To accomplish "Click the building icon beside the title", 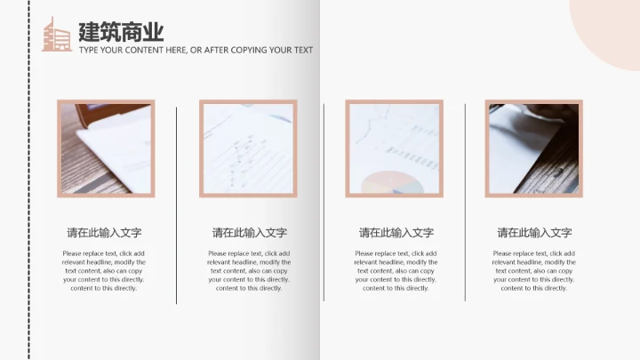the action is (57, 35).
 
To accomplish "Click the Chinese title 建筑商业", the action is (121, 32).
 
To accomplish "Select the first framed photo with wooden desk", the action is (106, 148).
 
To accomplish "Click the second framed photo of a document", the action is (248, 148).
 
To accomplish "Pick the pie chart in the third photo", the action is (392, 182).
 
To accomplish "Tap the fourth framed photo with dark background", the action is (534, 148).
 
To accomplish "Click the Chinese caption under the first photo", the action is (104, 233).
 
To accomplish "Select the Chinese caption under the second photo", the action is (250, 233).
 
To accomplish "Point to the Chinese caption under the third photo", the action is (396, 233).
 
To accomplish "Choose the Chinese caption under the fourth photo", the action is (534, 233).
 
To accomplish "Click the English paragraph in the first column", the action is (104, 270).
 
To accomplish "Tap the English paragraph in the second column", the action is (249, 270).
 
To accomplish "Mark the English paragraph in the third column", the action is (396, 270).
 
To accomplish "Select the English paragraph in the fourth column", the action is (534, 270).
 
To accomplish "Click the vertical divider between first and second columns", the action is (176, 205).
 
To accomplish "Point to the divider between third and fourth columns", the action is (465, 203).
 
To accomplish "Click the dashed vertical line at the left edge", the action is (29, 180).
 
